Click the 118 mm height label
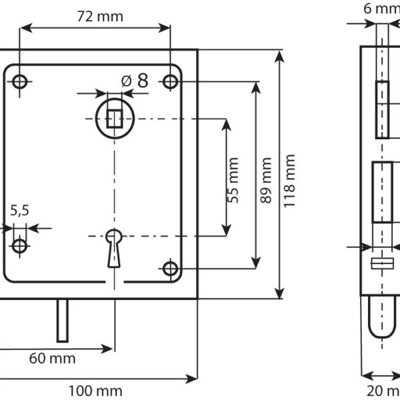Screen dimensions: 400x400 click(289, 180)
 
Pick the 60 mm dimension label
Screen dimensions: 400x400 click(52, 358)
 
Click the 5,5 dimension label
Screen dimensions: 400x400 click(19, 211)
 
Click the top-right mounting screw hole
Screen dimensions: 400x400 click(171, 81)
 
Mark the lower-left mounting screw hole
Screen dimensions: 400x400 click(20, 245)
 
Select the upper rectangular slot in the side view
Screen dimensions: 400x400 click(382, 109)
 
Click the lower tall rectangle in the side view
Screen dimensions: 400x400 click(382, 193)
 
